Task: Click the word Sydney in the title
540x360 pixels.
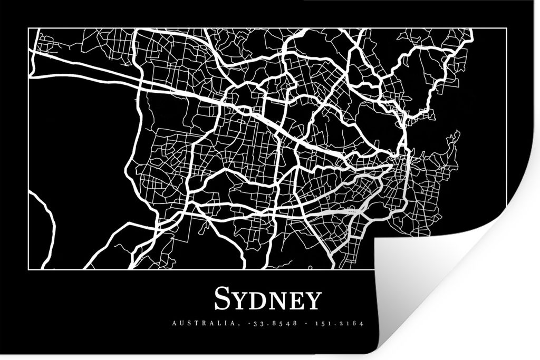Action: pos(267,300)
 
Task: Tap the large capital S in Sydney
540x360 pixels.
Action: pos(222,299)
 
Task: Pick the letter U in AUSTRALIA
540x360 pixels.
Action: pos(180,323)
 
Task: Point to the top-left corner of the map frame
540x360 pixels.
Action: pos(28,29)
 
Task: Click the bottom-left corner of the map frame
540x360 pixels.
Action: pos(28,269)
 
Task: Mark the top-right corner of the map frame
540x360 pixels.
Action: pos(506,29)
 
